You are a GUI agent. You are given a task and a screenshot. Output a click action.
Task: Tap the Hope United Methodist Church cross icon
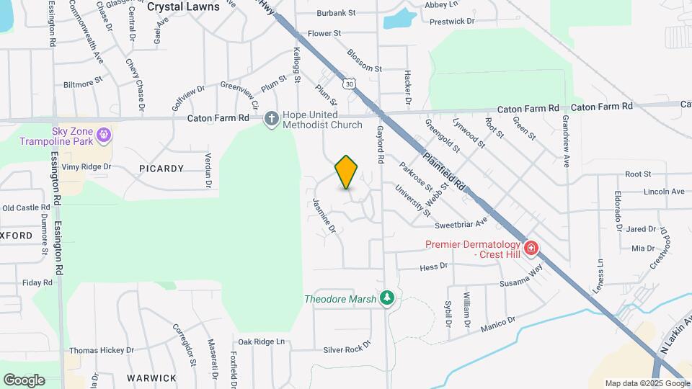pyautogui.click(x=271, y=118)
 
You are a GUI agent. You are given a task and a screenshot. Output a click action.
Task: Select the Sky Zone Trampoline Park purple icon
pyautogui.click(x=105, y=134)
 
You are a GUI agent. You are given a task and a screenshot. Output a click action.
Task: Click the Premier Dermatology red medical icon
pyautogui.click(x=531, y=249)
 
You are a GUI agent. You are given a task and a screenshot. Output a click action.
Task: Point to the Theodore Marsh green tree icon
pyautogui.click(x=388, y=298)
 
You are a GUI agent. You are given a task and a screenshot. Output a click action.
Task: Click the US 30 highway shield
pyautogui.click(x=349, y=84)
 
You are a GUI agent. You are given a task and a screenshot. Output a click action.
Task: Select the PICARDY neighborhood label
pyautogui.click(x=161, y=168)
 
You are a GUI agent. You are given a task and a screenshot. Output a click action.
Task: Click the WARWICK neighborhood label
pyautogui.click(x=151, y=377)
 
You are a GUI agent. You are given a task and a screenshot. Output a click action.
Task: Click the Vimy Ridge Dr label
pyautogui.click(x=86, y=166)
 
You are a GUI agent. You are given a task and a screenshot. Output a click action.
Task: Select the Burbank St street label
pyautogui.click(x=337, y=13)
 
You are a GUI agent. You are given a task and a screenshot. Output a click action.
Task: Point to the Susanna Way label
pyautogui.click(x=522, y=280)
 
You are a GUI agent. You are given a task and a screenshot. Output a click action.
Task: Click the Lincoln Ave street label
pyautogui.click(x=664, y=192)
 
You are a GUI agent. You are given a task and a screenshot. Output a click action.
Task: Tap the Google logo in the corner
pyautogui.click(x=24, y=380)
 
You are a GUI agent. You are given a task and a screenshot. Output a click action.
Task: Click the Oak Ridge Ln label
pyautogui.click(x=262, y=341)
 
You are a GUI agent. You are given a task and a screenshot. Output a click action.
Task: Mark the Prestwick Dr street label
pyautogui.click(x=452, y=22)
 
